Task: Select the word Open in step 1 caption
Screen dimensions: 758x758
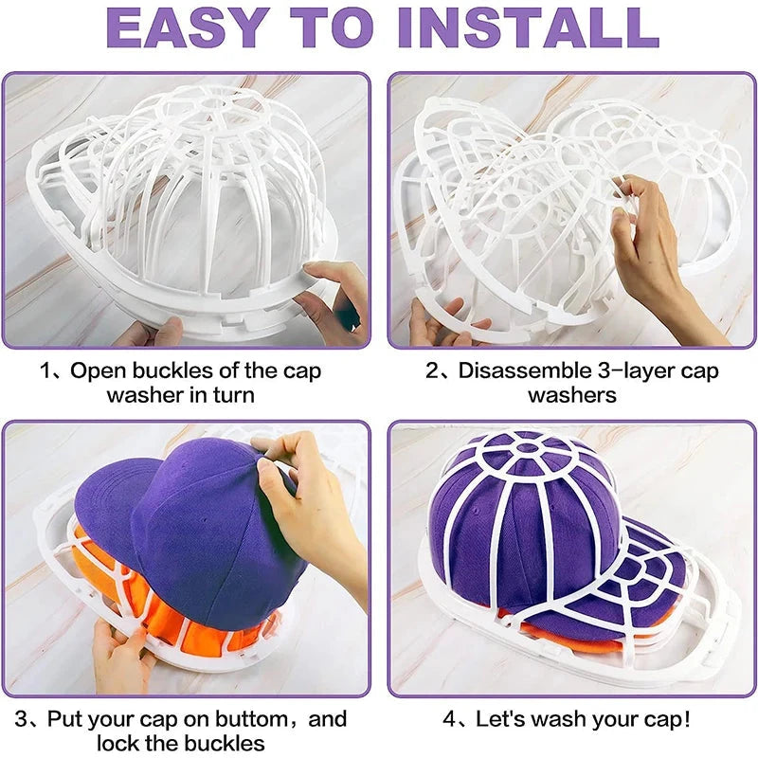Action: click(99, 370)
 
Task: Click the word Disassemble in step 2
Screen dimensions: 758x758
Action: click(519, 370)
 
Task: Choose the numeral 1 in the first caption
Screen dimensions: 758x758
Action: click(45, 370)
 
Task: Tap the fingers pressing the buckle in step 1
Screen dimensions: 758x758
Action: click(327, 294)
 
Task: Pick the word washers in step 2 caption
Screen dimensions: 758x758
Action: click(572, 394)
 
